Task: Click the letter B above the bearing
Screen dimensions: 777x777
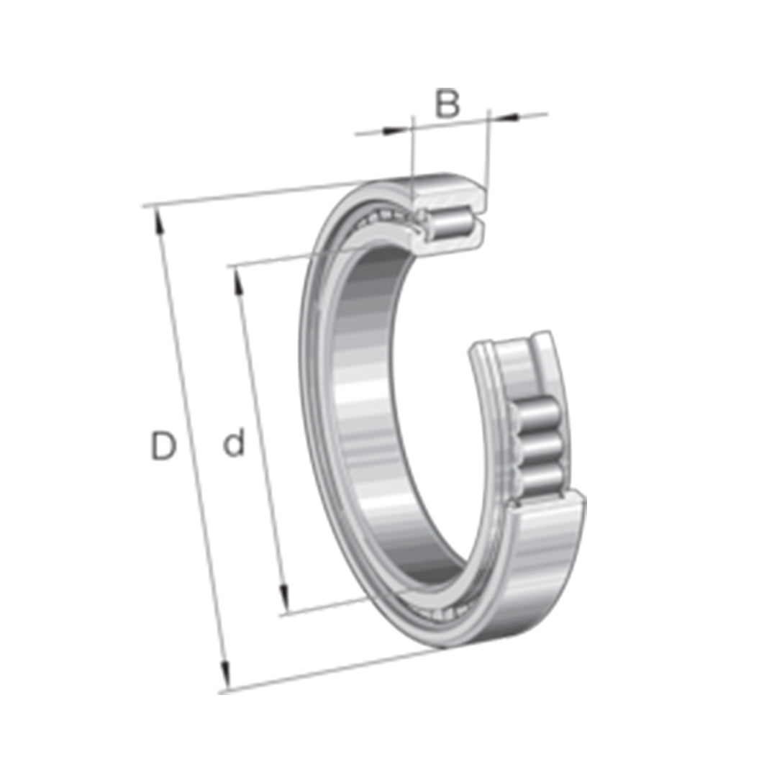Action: click(447, 105)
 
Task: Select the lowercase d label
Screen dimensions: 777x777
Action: click(233, 444)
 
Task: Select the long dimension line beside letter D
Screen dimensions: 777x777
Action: click(191, 446)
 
